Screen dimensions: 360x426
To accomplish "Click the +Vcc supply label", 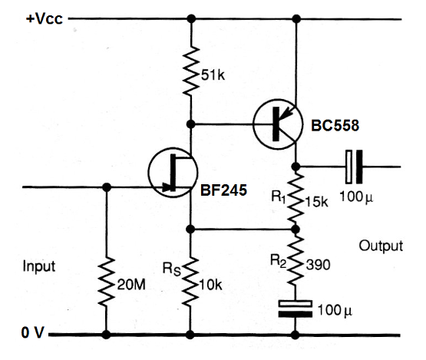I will point(45,18).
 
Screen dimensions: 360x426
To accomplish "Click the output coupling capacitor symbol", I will point(352,166).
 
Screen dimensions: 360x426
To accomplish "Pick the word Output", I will point(381,246).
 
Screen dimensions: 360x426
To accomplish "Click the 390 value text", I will point(319,264).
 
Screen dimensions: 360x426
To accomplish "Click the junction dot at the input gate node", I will point(104,187).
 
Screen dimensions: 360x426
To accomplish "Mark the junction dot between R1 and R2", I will point(296,229).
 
